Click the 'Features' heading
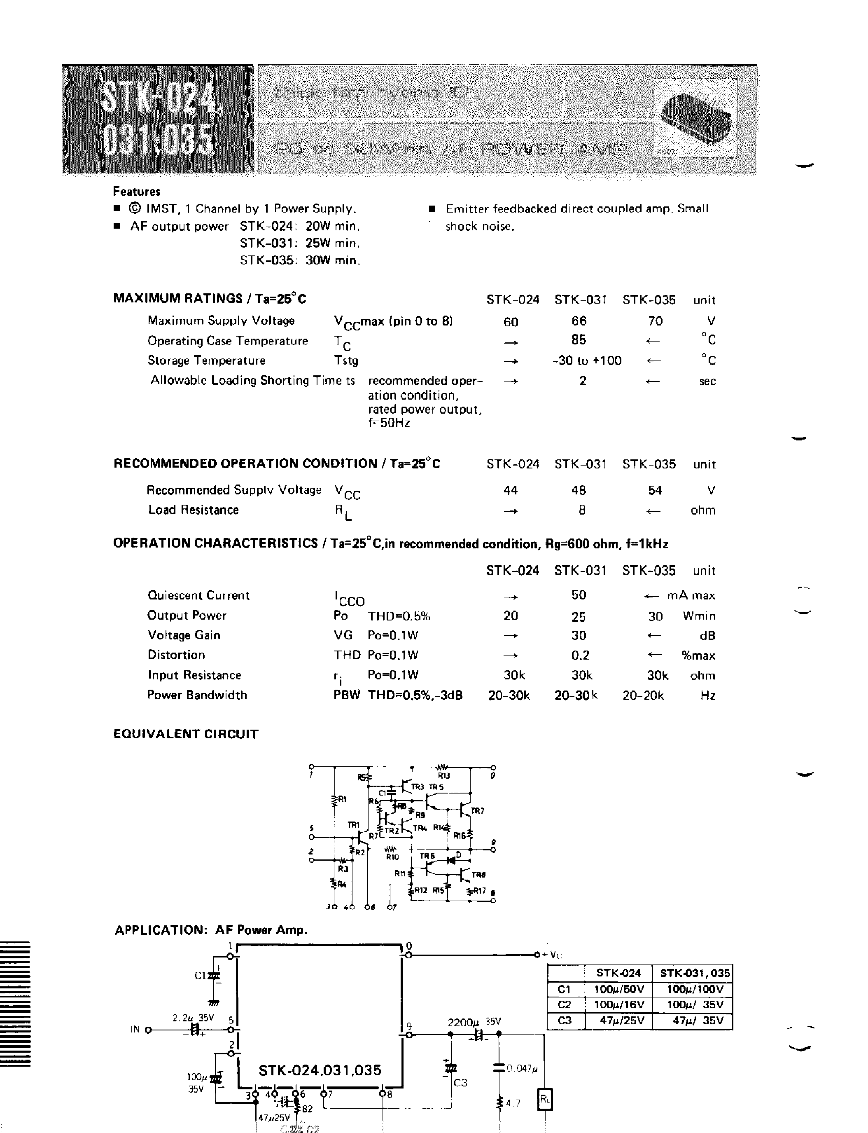pos(136,191)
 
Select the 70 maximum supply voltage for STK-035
pos(655,321)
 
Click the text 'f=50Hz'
pos(389,423)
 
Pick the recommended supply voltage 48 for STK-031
pos(579,490)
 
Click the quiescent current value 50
pos(579,595)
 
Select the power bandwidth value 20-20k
pos(643,695)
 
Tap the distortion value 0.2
pos(580,655)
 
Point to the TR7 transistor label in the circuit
pos(477,811)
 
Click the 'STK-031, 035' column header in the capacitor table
pos(692,973)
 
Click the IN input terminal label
pos(135,1029)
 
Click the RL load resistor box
pos(545,1100)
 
